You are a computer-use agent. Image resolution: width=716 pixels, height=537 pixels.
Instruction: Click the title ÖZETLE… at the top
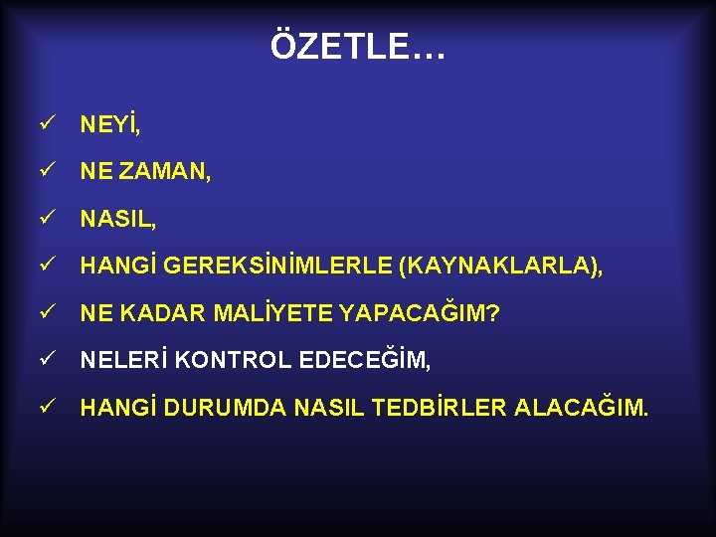(358, 46)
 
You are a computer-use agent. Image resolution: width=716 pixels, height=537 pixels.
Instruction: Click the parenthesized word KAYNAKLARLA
(500, 266)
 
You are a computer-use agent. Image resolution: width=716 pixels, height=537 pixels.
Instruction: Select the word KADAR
(162, 313)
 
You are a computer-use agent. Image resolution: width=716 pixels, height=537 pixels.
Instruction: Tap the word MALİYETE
(269, 313)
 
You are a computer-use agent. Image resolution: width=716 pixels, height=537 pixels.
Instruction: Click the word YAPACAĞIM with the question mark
(419, 313)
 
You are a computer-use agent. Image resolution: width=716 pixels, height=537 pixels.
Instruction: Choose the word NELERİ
(123, 360)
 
